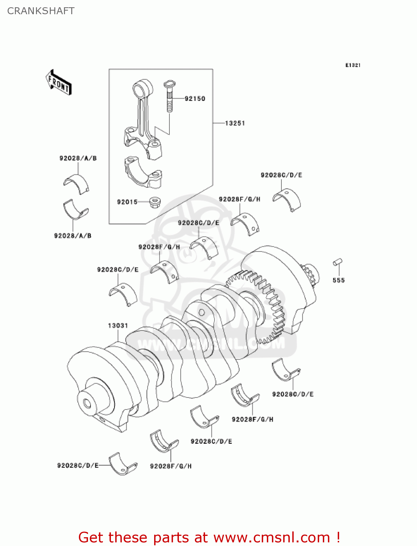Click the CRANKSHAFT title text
click(41, 11)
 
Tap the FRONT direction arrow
click(58, 83)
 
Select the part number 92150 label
click(195, 99)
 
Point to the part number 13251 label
click(235, 123)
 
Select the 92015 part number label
click(127, 202)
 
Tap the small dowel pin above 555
click(338, 262)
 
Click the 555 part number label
click(338, 280)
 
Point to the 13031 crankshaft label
click(118, 325)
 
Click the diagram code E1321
click(353, 65)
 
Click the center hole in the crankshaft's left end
click(87, 403)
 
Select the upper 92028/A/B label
click(78, 158)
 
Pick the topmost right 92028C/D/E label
click(281, 175)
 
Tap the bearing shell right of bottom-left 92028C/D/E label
click(123, 464)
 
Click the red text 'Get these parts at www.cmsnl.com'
click(209, 537)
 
